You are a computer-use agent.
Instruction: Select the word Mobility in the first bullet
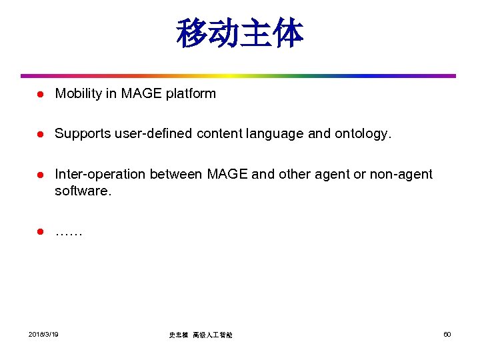pyautogui.click(x=76, y=94)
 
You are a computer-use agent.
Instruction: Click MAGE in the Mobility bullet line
pyautogui.click(x=139, y=94)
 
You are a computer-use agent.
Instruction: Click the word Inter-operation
pyautogui.click(x=100, y=175)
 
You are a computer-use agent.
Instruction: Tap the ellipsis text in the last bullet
pyautogui.click(x=69, y=233)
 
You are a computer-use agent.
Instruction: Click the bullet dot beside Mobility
pyautogui.click(x=39, y=94)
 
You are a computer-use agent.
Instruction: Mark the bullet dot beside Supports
pyautogui.click(x=39, y=134)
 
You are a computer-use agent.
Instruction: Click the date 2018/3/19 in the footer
pyautogui.click(x=44, y=334)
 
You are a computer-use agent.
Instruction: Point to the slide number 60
pyautogui.click(x=447, y=334)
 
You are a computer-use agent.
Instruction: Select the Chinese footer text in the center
pyautogui.click(x=201, y=335)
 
